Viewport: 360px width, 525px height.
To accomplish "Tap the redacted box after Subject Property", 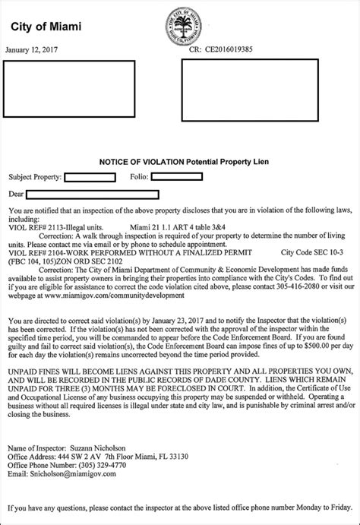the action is coord(90,177).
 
